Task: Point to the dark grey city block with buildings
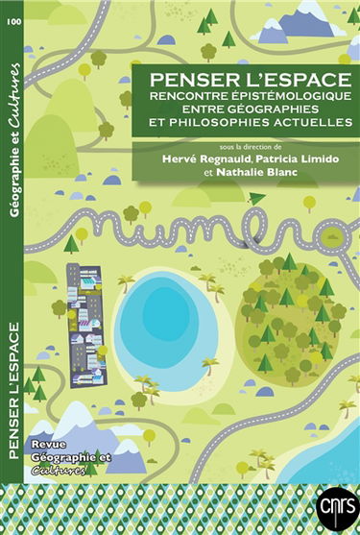click(x=87, y=312)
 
